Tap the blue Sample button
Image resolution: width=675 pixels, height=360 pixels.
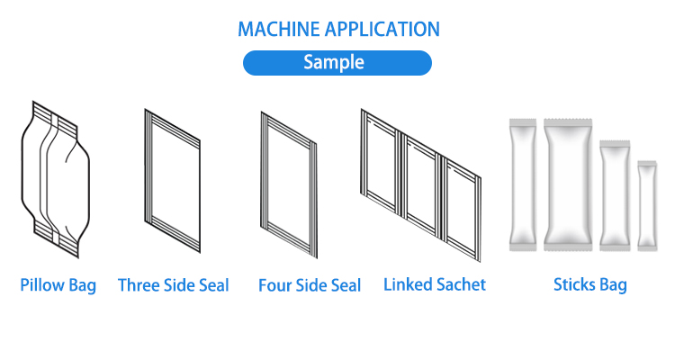click(337, 63)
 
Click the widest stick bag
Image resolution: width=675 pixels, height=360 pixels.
click(567, 184)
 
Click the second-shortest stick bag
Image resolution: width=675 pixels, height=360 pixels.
click(614, 193)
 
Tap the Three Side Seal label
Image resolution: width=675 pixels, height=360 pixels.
click(174, 286)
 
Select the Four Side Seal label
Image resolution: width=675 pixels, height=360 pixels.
click(310, 286)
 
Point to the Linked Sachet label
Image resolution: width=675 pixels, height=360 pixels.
click(435, 284)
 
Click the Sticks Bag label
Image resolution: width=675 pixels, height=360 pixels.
click(590, 286)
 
